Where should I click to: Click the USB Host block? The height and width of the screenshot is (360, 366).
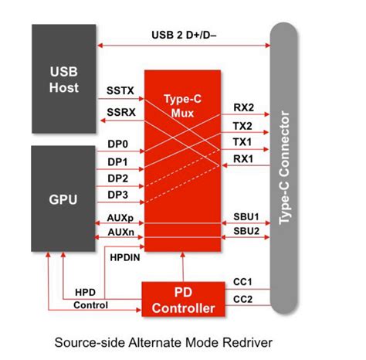tap(64, 76)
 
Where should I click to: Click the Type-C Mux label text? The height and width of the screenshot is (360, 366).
tap(183, 107)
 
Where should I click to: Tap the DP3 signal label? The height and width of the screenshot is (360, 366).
tap(118, 194)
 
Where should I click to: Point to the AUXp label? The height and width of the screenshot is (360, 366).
tap(120, 218)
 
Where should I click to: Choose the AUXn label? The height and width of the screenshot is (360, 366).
tap(120, 232)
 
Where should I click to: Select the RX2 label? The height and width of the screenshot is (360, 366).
tap(242, 109)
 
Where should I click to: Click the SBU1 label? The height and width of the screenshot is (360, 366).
tap(245, 218)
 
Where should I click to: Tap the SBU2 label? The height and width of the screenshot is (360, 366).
tap(245, 232)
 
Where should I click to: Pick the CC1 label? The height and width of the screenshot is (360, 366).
tap(242, 283)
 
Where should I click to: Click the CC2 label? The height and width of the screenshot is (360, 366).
tap(242, 298)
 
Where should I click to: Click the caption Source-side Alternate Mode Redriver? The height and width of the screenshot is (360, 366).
tap(183, 341)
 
